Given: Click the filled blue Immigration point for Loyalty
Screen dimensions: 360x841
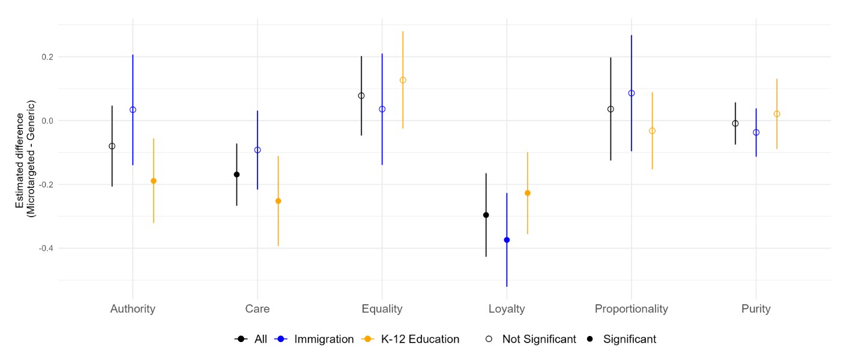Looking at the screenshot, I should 507,240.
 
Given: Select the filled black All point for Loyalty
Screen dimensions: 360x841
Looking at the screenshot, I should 486,215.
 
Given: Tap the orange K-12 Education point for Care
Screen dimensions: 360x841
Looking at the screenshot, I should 278,201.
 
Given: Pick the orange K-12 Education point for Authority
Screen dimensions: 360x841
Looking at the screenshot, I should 154,181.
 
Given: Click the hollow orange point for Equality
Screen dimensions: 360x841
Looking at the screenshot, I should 403,80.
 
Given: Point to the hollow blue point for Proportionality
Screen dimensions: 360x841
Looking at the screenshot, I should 632,93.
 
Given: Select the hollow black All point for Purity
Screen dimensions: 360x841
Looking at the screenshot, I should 735,124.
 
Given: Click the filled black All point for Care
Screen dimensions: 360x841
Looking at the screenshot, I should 237,175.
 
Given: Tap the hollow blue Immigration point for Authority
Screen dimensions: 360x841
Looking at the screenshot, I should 133,110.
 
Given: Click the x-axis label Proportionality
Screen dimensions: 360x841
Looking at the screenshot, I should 631,309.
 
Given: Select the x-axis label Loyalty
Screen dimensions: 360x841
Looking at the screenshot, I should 507,309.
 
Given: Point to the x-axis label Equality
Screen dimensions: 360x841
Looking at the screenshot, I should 382,309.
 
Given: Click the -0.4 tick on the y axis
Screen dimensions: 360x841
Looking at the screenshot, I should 45,248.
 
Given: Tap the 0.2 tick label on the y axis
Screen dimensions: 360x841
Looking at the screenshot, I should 47,57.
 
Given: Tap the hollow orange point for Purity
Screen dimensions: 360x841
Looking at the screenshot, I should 777,114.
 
